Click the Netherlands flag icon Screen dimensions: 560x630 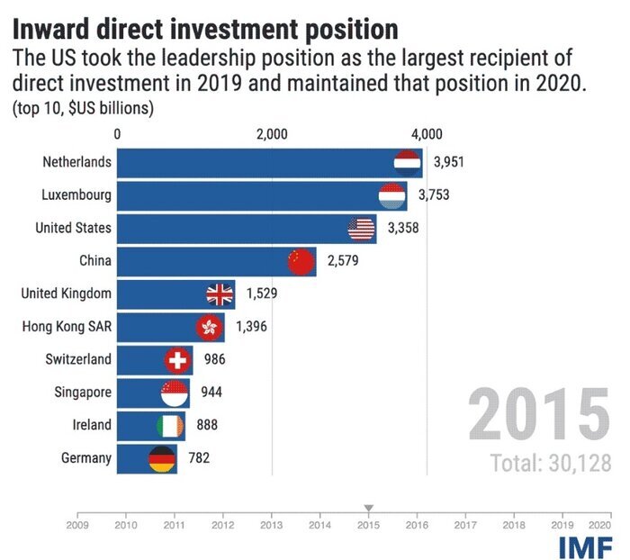(x=408, y=163)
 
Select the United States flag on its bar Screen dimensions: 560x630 (x=361, y=229)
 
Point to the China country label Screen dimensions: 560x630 (x=95, y=261)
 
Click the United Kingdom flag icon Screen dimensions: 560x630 (x=220, y=294)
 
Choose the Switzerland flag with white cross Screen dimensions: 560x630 (x=178, y=360)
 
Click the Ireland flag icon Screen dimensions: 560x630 (x=170, y=425)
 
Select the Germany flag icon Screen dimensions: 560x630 (x=162, y=458)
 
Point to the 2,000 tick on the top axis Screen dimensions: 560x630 (x=271, y=134)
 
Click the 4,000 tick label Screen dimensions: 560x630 (x=426, y=134)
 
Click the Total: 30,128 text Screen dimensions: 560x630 (x=551, y=464)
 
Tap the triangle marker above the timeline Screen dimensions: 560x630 (x=367, y=508)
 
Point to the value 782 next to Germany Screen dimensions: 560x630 (x=199, y=458)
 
